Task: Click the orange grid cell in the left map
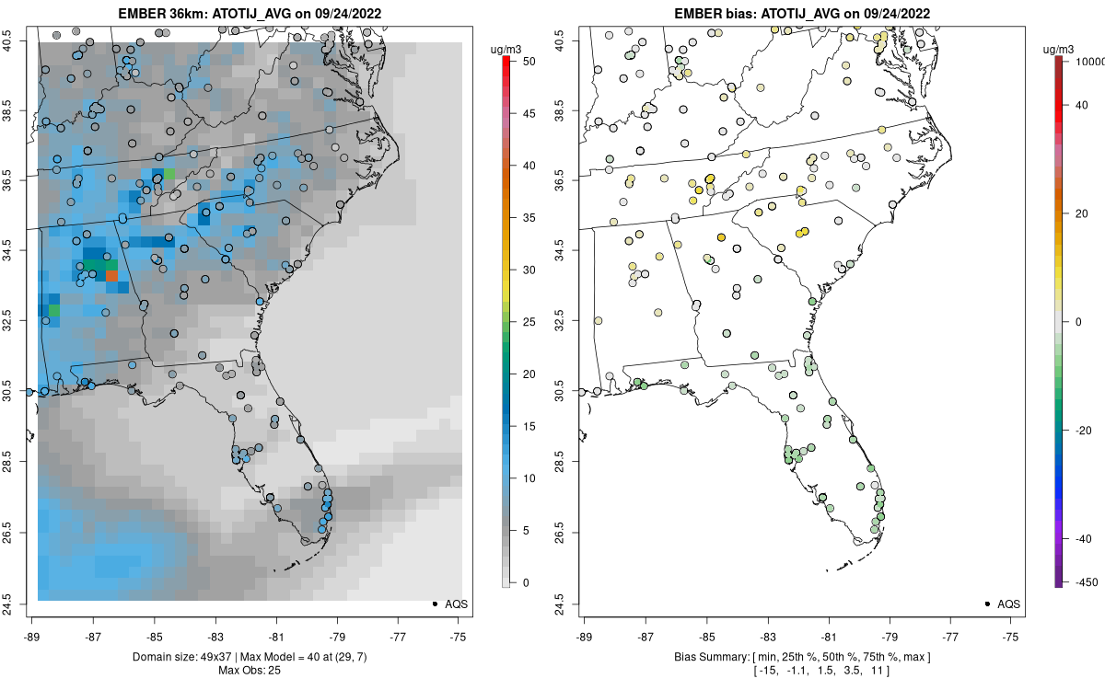click(x=111, y=274)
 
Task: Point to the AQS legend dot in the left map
click(x=434, y=604)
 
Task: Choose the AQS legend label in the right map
click(x=1009, y=604)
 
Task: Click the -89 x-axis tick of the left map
click(x=32, y=636)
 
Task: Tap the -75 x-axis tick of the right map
click(x=1011, y=636)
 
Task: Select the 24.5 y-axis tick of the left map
click(x=21, y=604)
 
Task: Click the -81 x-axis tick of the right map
click(x=829, y=636)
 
